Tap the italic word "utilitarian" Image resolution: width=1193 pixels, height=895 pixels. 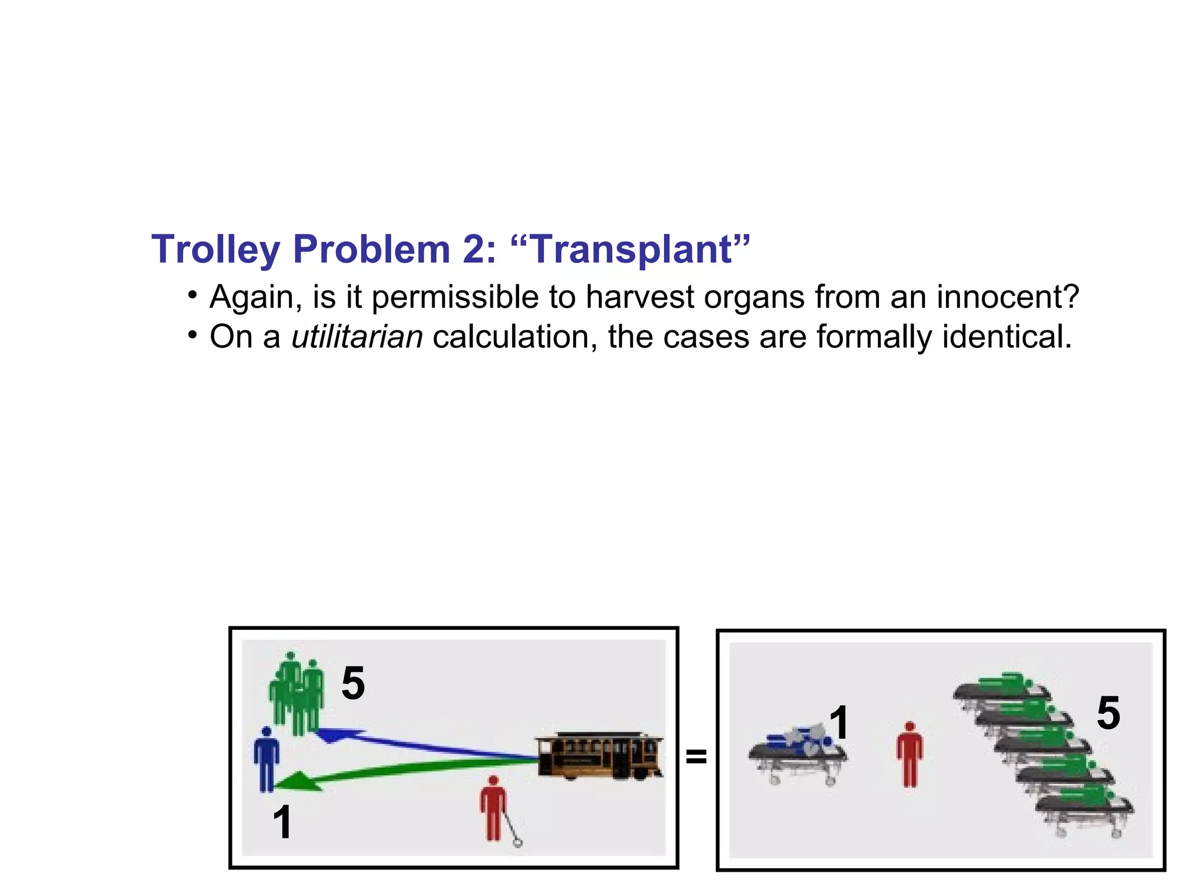(357, 337)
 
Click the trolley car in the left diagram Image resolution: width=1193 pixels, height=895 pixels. (599, 756)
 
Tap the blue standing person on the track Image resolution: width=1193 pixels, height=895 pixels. (266, 759)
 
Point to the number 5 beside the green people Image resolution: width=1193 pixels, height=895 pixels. (353, 683)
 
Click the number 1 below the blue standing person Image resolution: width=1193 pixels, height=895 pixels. (282, 822)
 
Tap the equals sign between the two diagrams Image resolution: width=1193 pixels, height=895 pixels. (696, 756)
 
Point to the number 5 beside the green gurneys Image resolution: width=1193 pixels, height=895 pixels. (1108, 713)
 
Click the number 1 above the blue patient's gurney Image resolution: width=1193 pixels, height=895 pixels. (839, 723)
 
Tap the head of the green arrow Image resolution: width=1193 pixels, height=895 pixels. (297, 782)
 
